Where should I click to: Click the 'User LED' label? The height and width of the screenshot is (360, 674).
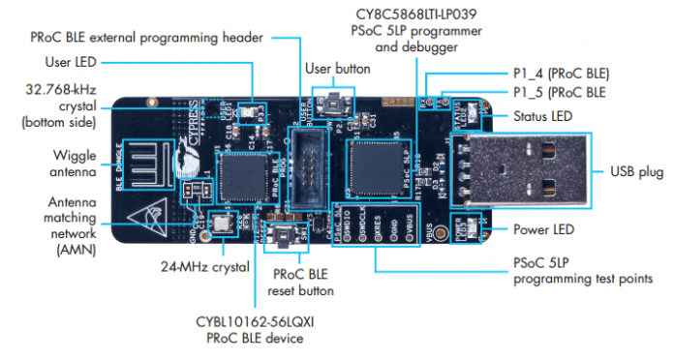71,61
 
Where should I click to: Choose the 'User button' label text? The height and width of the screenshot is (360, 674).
332,70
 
